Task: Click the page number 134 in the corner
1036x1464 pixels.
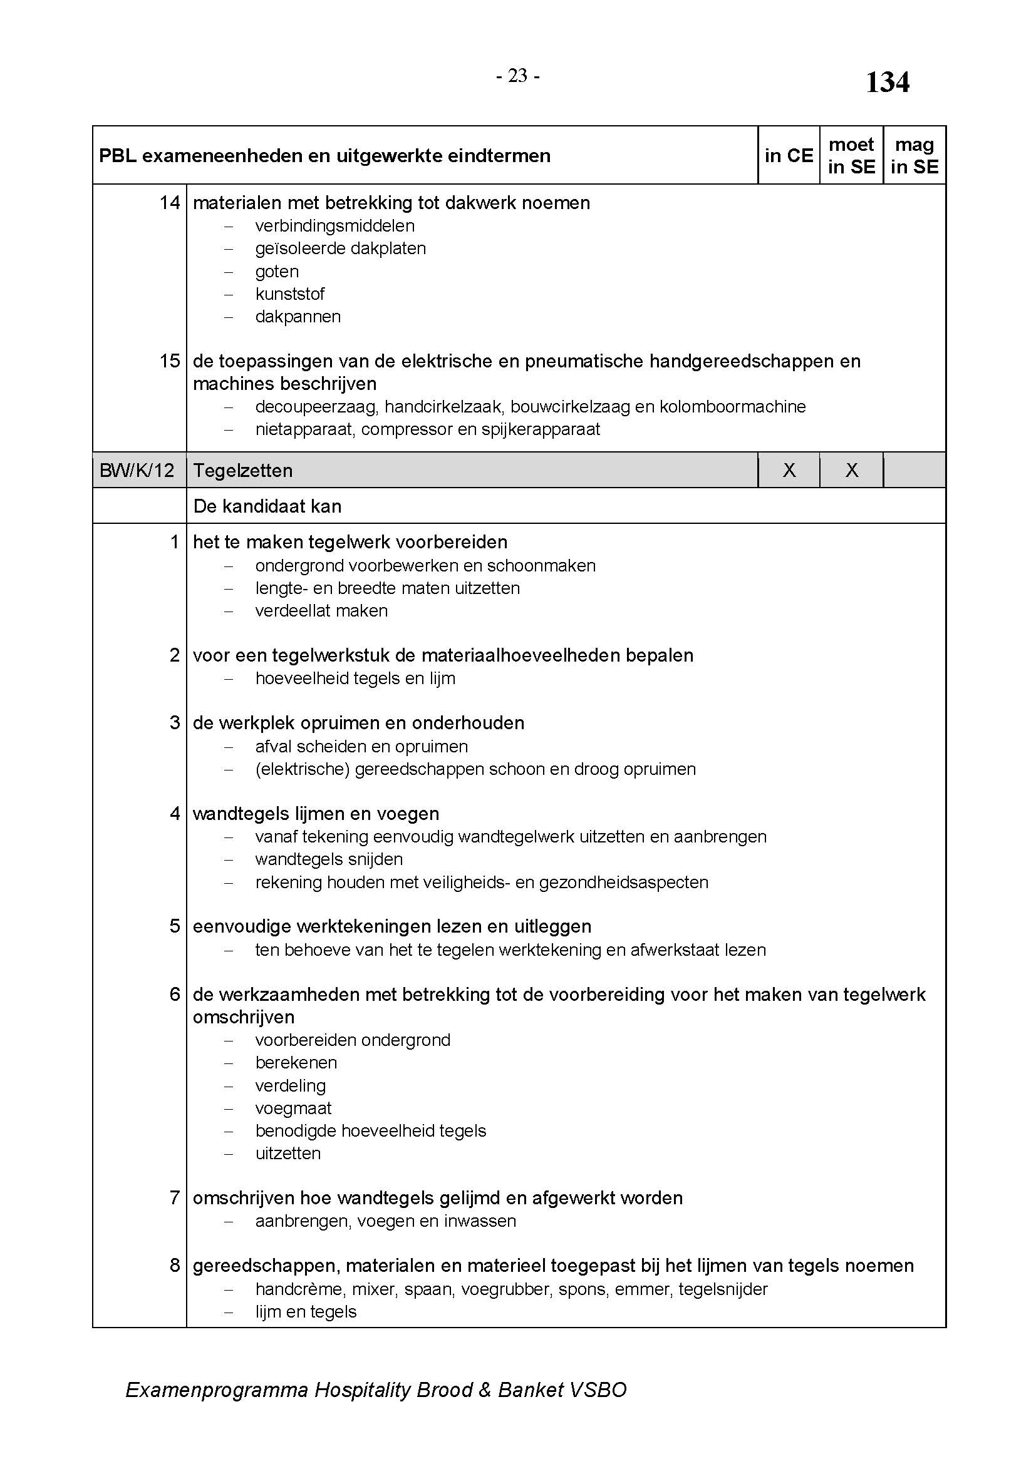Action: [887, 83]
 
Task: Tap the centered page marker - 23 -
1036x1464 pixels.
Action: [517, 76]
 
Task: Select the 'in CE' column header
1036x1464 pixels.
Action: [789, 156]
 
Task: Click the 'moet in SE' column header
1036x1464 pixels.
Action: [851, 156]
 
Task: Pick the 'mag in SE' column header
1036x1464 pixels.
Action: [914, 156]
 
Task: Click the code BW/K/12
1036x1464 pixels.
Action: [137, 471]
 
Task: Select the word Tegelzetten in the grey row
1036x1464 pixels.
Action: [242, 471]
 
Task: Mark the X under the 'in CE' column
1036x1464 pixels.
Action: [789, 471]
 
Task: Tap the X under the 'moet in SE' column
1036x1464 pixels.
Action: [852, 471]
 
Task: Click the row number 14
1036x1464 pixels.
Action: [170, 203]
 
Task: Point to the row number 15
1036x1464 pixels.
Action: [170, 361]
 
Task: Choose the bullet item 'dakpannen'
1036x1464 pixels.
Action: [298, 317]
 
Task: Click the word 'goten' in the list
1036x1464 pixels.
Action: [277, 272]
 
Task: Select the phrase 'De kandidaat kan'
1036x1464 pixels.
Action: [267, 506]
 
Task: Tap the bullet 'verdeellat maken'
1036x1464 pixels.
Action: [321, 611]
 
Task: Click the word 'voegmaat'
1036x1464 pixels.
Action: [293, 1108]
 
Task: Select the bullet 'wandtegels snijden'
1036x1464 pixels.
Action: [329, 859]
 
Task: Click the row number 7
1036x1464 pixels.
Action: [175, 1198]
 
